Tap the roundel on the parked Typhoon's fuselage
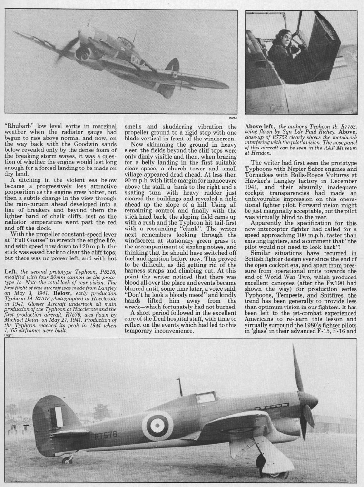coord(157,425)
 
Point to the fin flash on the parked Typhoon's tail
coord(58,417)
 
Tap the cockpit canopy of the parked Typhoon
coord(206,397)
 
